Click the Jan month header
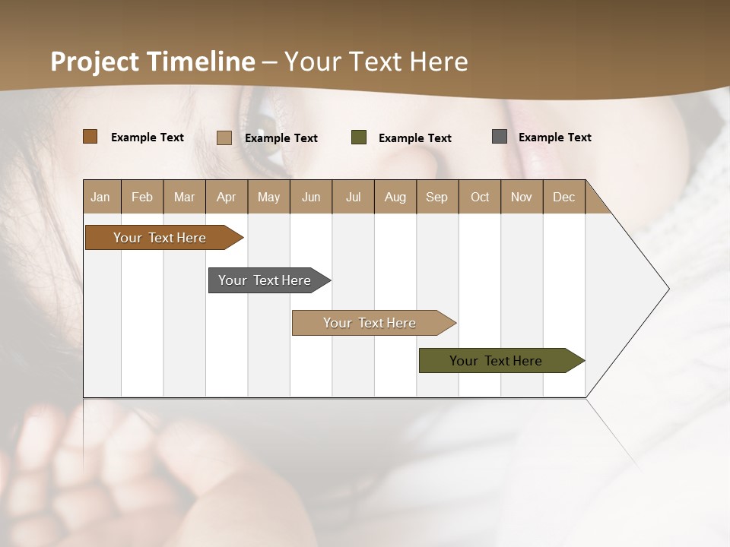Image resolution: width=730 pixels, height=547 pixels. (101, 197)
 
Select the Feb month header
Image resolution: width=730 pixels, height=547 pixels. (142, 197)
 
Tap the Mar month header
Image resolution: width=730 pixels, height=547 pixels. (184, 197)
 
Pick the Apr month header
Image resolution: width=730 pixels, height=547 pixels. (227, 197)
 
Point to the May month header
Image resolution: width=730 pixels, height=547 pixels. (268, 197)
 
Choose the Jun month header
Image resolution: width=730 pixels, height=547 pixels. (311, 197)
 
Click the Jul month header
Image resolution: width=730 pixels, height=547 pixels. (353, 197)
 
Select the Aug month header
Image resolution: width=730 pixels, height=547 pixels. (395, 197)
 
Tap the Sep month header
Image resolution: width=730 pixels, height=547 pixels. (437, 197)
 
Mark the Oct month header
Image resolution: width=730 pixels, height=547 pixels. (480, 197)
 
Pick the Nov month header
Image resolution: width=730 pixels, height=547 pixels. (522, 197)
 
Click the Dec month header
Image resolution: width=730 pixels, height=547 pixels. (564, 197)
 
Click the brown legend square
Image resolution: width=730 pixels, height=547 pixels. (90, 137)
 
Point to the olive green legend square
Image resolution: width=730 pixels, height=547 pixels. (359, 138)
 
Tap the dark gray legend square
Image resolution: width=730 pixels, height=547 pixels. (500, 137)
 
